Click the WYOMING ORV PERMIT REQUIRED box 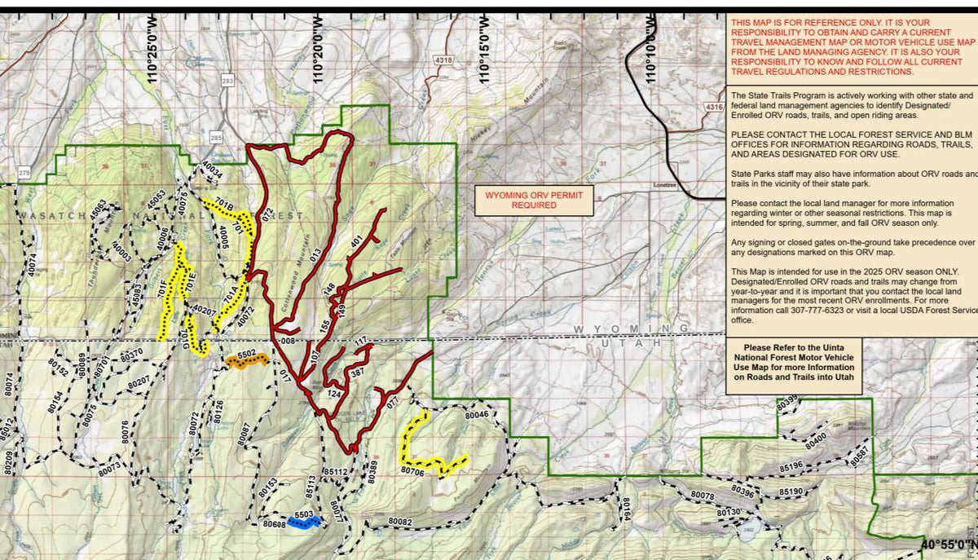coord(535,201)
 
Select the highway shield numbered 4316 coord(714,107)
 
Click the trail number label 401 coord(356,242)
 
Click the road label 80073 coord(108,466)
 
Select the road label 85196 coord(791,466)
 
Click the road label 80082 coord(400,522)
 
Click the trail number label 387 coord(357,373)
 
